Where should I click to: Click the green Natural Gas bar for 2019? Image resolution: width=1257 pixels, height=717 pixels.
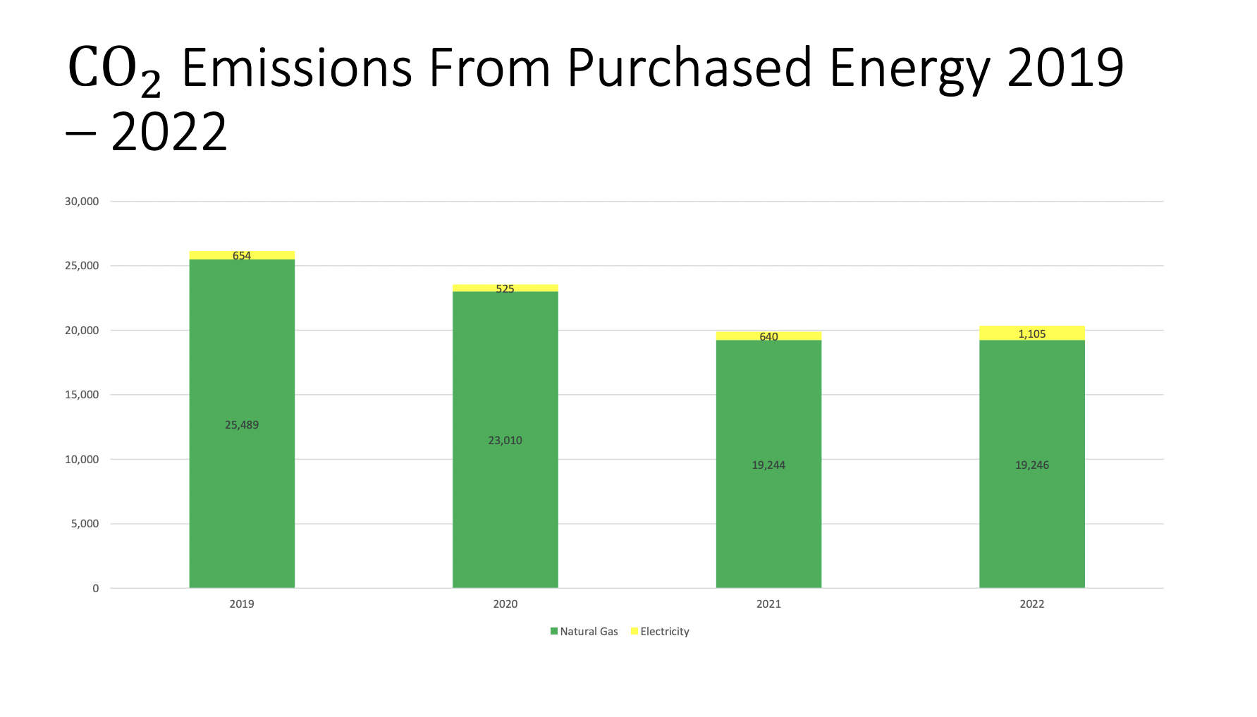242,423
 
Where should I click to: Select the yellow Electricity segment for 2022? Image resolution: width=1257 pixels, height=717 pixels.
1032,333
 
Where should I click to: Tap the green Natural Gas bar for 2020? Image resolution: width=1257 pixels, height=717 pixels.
505,439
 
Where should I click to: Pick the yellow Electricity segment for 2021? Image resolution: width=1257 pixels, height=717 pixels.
768,336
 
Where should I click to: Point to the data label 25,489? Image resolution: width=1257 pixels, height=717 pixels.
242,425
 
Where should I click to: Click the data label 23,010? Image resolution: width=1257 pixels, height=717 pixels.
505,441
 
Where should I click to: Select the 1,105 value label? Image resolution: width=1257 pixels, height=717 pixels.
1032,334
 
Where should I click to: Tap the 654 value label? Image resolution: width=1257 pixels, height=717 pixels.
242,256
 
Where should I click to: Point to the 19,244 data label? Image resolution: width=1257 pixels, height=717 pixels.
768,465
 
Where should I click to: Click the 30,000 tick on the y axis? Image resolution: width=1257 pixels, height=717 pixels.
82,202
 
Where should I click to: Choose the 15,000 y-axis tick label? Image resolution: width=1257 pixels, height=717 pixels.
82,395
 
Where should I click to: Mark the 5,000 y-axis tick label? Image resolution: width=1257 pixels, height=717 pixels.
85,524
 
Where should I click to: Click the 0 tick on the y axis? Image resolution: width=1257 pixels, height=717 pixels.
96,589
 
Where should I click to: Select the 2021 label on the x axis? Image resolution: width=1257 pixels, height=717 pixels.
768,604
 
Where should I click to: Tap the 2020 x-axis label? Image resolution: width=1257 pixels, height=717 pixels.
505,604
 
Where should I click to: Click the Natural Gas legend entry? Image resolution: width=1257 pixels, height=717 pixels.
584,632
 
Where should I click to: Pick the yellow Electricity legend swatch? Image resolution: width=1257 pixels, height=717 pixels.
634,631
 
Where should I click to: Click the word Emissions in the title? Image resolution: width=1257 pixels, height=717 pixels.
297,68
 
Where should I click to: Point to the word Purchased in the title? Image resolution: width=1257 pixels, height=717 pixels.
689,68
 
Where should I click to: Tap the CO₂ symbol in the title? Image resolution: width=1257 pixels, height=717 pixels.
114,71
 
